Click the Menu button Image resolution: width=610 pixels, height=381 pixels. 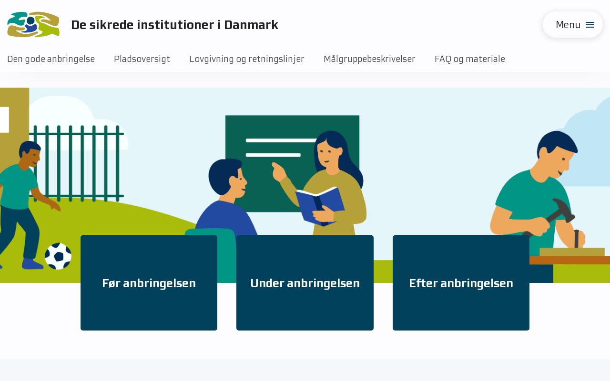(572, 25)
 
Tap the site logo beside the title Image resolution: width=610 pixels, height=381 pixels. (33, 24)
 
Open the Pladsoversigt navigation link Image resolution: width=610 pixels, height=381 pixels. (142, 59)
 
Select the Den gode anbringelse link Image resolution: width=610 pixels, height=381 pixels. (51, 59)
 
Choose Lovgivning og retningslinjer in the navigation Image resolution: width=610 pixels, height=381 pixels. (247, 59)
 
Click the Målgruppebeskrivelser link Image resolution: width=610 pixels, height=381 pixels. (369, 59)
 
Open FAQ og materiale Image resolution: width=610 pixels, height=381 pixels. (470, 59)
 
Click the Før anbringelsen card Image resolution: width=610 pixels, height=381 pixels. (149, 283)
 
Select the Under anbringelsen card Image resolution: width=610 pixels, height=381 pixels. (305, 283)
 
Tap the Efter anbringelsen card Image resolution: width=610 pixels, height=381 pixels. (461, 283)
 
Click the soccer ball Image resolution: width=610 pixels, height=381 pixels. (58, 256)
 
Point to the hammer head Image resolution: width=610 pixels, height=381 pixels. (564, 210)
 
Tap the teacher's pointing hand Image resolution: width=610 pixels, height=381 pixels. (279, 172)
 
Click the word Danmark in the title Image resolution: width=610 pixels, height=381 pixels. (251, 25)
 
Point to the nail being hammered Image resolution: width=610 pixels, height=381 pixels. (577, 239)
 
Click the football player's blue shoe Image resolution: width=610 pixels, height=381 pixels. (32, 264)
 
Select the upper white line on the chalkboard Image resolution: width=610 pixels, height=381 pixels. (281, 140)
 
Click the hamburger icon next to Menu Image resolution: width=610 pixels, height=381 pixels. (590, 25)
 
